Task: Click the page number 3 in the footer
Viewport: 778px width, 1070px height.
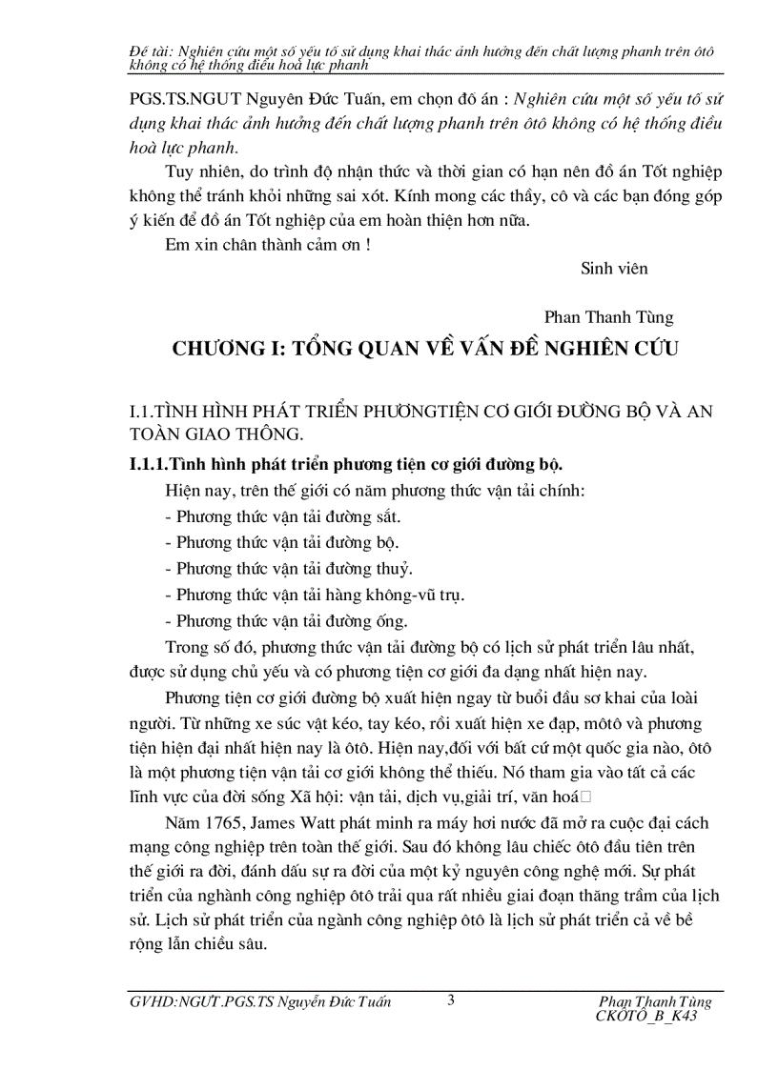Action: pos(451,999)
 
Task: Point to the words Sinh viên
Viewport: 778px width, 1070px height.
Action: pos(614,269)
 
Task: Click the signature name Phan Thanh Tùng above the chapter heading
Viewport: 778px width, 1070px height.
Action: pos(608,317)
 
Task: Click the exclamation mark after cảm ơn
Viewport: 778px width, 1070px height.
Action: pos(368,243)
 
